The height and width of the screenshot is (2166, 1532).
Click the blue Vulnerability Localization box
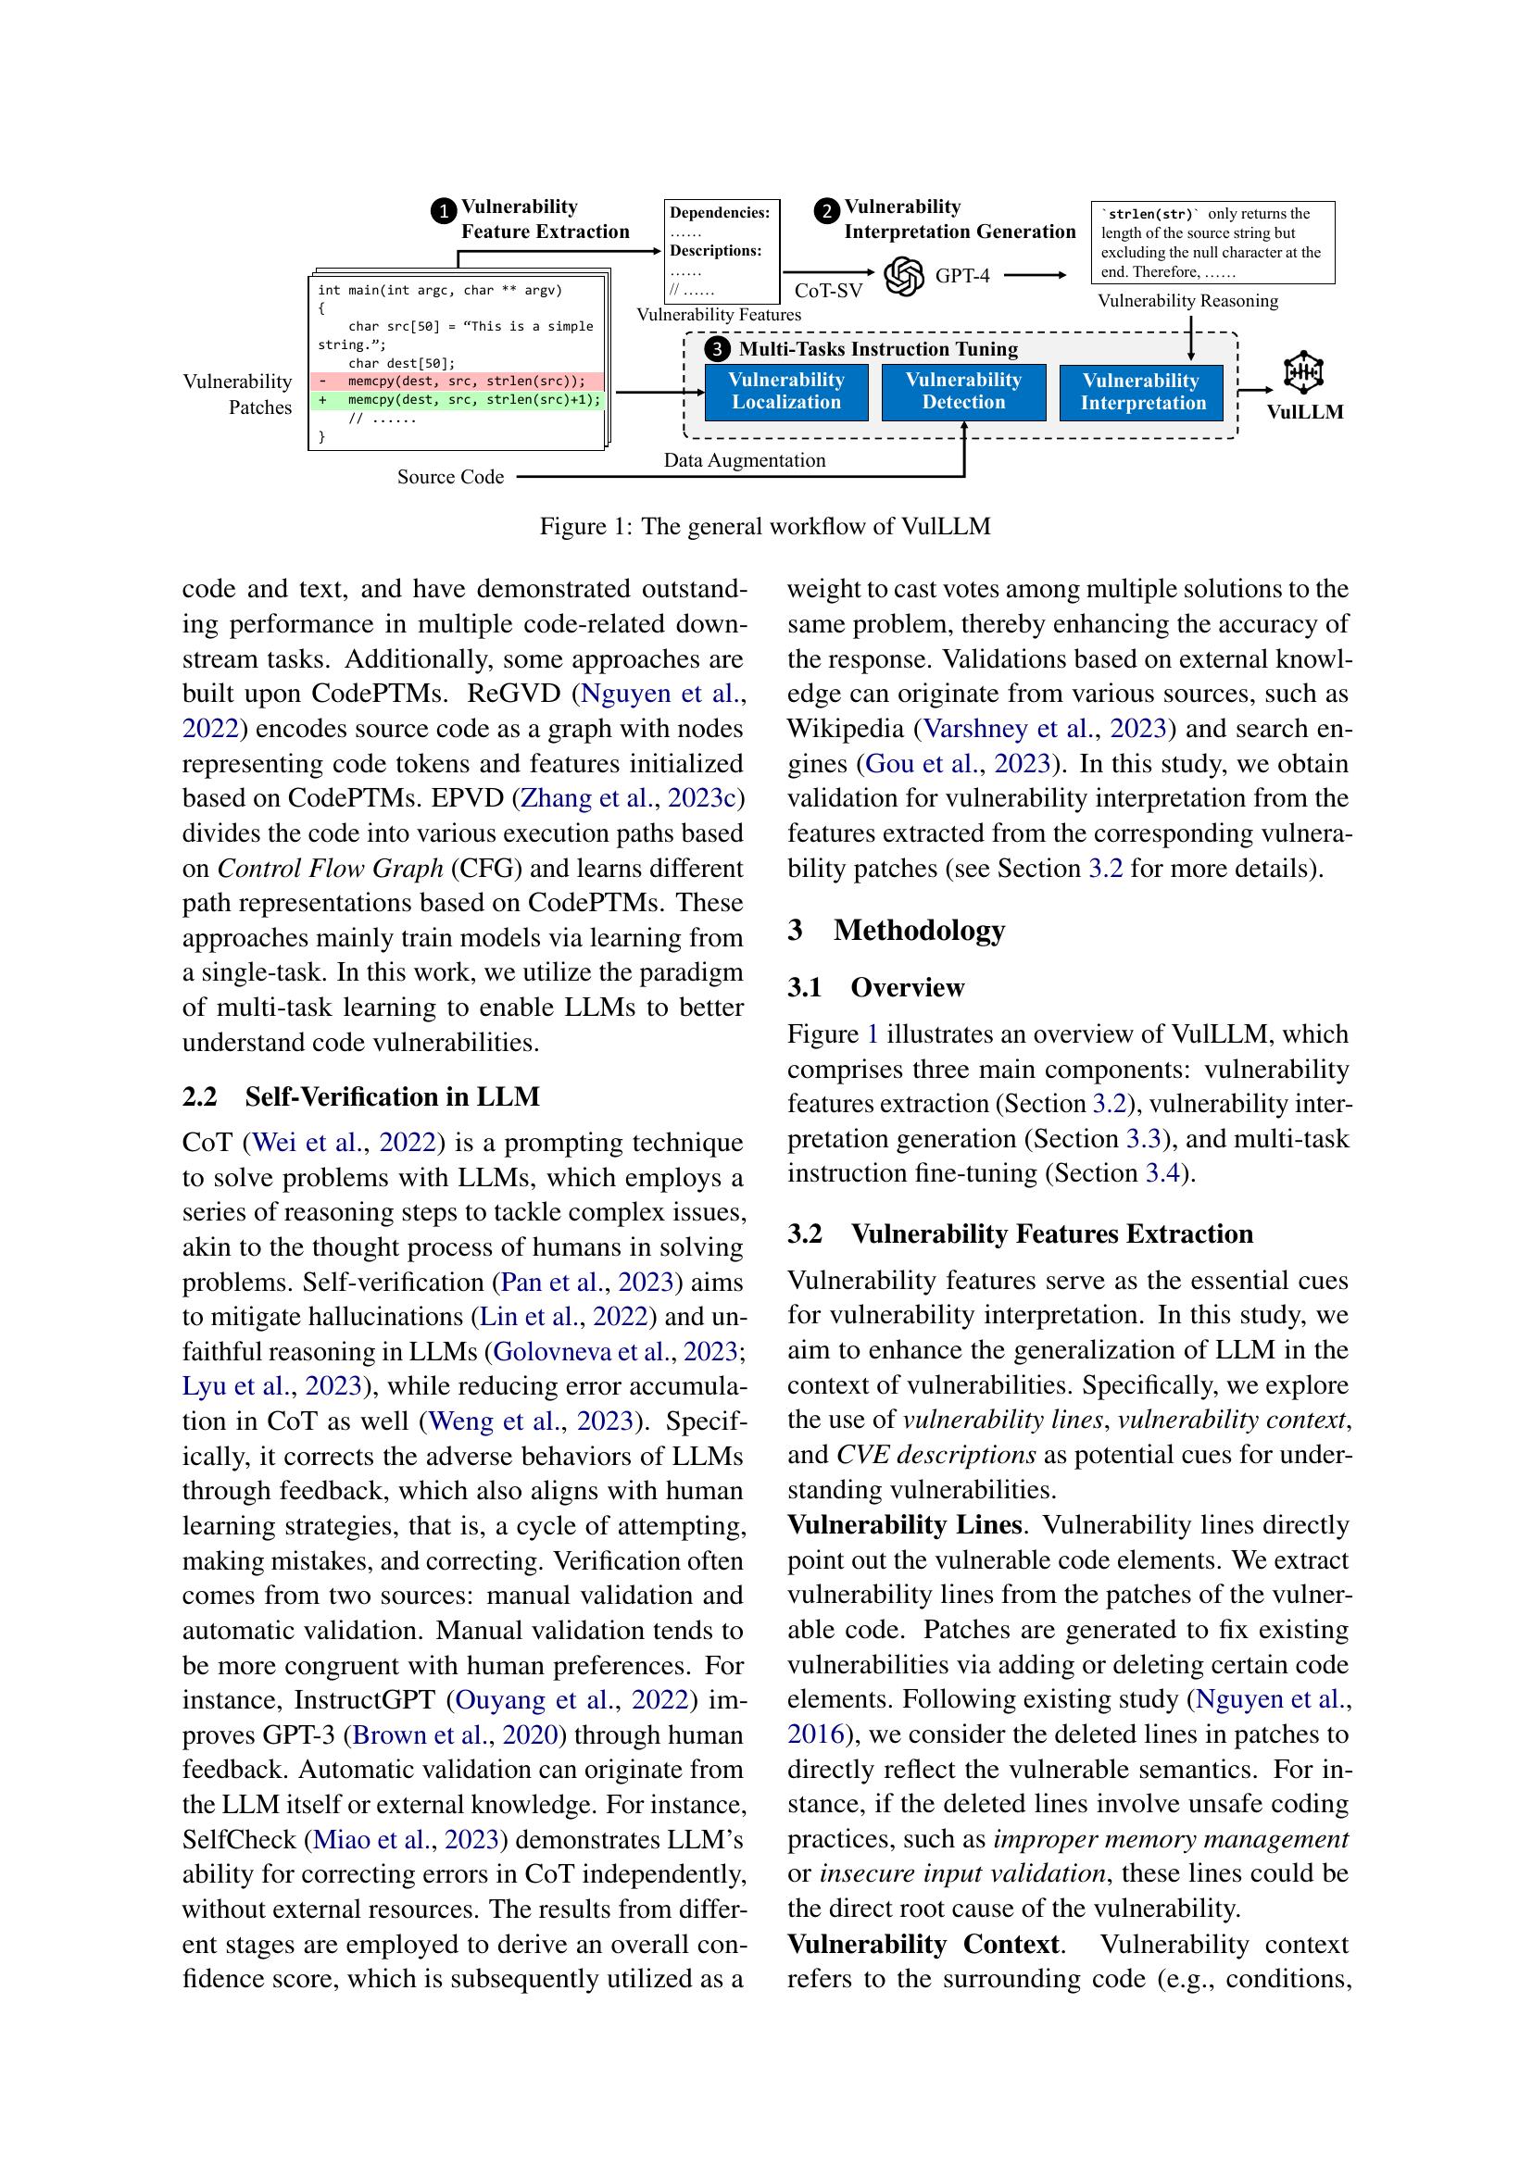coord(785,392)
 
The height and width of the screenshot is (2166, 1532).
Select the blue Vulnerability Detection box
coord(963,392)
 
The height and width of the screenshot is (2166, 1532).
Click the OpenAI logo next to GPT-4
coord(904,276)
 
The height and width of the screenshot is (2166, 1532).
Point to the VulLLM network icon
coord(1303,372)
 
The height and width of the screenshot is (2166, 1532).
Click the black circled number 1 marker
coord(444,212)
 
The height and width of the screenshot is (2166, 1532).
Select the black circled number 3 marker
coord(718,350)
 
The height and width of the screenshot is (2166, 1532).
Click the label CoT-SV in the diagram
coord(828,291)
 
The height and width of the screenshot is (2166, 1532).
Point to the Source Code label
coord(450,477)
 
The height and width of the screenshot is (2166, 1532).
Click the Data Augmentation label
coord(745,460)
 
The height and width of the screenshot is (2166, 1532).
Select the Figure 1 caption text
coord(765,526)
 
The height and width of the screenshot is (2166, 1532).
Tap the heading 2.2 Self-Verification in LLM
coord(361,1096)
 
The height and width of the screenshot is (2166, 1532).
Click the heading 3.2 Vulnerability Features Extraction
coord(1021,1233)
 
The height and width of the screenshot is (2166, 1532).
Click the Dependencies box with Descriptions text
coord(722,251)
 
